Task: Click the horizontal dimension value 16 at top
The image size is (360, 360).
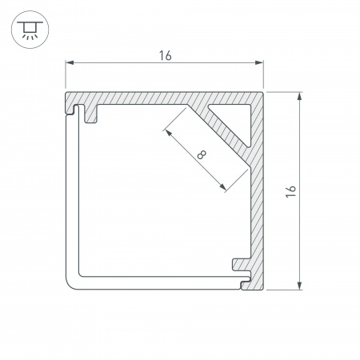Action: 166,56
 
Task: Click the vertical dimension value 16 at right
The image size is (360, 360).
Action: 291,191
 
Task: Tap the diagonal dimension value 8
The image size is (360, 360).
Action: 202,154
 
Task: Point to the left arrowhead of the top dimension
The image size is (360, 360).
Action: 70,62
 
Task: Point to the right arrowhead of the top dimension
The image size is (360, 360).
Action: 259,63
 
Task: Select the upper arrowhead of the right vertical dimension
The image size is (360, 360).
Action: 300,96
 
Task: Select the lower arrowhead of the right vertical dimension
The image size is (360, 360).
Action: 300,286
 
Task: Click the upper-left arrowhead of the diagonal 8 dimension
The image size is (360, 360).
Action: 168,133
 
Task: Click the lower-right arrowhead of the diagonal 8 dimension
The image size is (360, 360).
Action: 222,187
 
